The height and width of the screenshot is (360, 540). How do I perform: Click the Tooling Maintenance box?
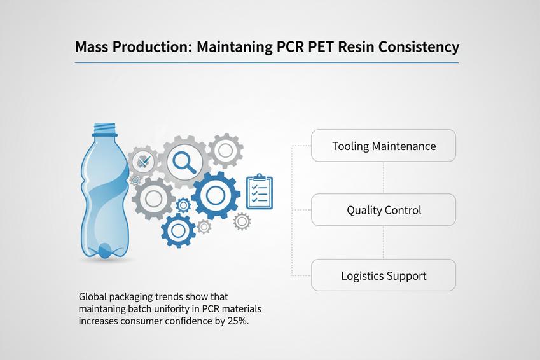click(x=384, y=146)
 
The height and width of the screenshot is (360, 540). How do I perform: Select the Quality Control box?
click(x=384, y=210)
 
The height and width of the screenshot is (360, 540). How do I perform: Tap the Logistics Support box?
click(x=384, y=275)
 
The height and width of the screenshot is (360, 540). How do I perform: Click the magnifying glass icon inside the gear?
click(x=184, y=162)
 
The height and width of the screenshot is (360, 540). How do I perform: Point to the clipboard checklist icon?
click(x=259, y=192)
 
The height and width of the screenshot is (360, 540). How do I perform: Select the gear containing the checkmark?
click(x=145, y=162)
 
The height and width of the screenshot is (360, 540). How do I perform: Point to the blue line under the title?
click(x=267, y=62)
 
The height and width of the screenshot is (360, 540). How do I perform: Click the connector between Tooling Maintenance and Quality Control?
click(x=384, y=177)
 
